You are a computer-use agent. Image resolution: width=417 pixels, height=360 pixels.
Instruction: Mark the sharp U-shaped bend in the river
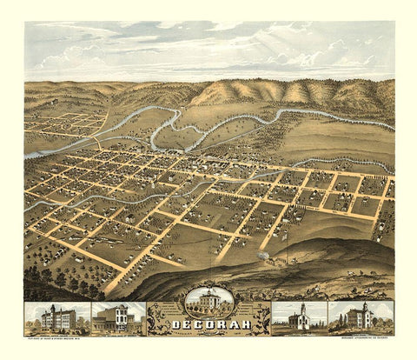[155, 130]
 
